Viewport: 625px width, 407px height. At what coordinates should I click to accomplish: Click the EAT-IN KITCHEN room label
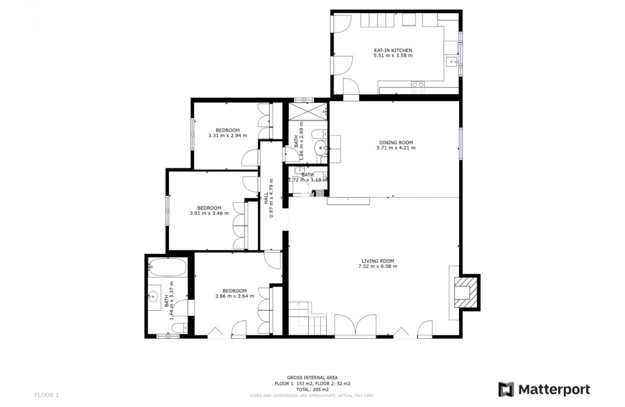393,50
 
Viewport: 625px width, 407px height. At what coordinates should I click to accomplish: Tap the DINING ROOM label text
396,142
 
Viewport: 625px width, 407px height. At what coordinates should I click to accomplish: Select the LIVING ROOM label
377,261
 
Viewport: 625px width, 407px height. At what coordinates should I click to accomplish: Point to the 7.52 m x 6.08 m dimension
377,266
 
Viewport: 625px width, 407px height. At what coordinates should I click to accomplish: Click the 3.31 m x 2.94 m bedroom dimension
227,136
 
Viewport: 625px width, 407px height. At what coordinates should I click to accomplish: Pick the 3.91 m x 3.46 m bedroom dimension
209,213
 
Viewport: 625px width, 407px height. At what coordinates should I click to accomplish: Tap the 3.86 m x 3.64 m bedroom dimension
234,296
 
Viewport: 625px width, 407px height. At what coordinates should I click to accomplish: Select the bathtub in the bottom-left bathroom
167,268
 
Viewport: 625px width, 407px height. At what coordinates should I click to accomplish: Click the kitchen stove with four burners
418,87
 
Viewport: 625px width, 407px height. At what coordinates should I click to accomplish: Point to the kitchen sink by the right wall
451,61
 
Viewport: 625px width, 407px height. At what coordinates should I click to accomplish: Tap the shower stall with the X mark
308,112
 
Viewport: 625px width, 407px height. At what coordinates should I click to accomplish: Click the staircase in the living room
308,317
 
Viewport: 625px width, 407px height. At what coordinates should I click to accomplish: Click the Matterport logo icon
506,389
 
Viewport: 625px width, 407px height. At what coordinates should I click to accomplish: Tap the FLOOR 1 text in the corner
46,394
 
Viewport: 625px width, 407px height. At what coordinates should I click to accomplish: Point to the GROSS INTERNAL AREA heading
312,378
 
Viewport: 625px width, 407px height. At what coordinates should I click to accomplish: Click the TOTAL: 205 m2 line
312,389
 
